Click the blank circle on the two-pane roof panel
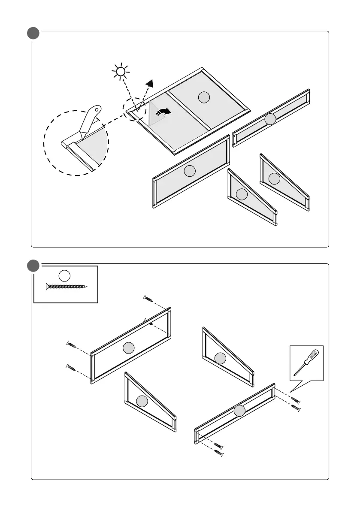coord(204,98)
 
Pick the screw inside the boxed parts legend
coord(66,286)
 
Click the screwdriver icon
coord(306,363)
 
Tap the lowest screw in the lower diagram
coord(219,453)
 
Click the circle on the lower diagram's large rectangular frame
coord(128,348)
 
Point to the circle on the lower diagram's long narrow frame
coord(239,411)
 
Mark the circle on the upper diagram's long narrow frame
coord(270,119)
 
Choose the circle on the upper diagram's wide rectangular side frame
coord(189,171)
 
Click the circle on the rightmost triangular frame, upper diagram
coord(274,178)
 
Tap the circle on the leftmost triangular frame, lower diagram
coord(142,401)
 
